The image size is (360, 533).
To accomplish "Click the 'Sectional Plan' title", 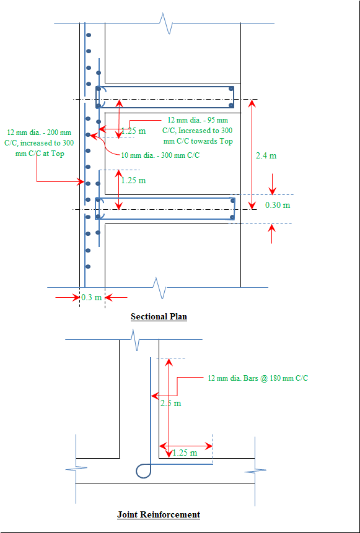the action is click(x=159, y=316).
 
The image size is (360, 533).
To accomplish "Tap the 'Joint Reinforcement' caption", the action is click(x=159, y=514).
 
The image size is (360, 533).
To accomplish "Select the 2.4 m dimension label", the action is click(x=266, y=155).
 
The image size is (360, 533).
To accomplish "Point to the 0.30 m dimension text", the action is click(x=278, y=205).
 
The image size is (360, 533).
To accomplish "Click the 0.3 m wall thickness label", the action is click(x=92, y=297).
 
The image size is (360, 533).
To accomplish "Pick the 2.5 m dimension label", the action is click(x=171, y=404).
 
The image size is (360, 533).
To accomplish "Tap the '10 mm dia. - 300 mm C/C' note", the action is click(x=160, y=155).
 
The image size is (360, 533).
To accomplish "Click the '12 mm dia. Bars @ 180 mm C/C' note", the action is click(x=258, y=378).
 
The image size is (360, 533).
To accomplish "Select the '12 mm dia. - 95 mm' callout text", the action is click(x=198, y=120).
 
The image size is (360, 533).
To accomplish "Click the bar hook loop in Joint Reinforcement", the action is click(x=143, y=471).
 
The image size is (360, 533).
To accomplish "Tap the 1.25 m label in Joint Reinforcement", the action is click(x=185, y=453).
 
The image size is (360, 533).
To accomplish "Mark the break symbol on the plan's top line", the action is click(x=167, y=23).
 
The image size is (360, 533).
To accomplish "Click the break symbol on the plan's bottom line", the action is click(x=160, y=288).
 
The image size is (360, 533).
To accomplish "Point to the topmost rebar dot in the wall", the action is click(x=89, y=35).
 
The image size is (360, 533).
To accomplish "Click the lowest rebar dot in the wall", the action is click(x=88, y=266).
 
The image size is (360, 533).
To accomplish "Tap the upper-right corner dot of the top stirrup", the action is click(x=231, y=89).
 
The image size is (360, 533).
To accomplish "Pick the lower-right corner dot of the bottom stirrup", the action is click(x=232, y=217).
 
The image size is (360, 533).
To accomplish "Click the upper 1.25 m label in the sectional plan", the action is click(x=133, y=131).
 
